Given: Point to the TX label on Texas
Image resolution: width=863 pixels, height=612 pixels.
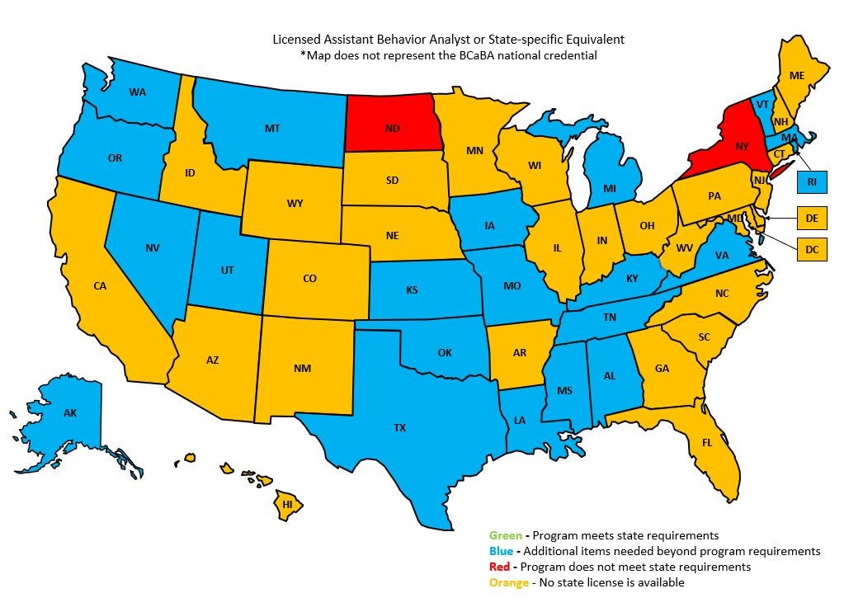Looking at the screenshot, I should pyautogui.click(x=399, y=427).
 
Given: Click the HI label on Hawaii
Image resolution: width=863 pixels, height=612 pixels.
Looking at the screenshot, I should pyautogui.click(x=288, y=503).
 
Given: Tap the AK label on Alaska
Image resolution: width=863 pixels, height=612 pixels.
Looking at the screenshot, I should pyautogui.click(x=70, y=412).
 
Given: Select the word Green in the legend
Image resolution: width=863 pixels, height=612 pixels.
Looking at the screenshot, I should pyautogui.click(x=505, y=535).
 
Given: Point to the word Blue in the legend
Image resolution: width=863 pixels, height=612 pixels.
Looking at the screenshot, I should pyautogui.click(x=502, y=551).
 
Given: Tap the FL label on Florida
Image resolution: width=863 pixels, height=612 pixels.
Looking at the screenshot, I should pyautogui.click(x=706, y=442).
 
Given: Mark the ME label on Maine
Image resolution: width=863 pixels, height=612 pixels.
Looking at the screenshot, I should pyautogui.click(x=796, y=75).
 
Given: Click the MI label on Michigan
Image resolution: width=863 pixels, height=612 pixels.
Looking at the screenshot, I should pyautogui.click(x=609, y=189).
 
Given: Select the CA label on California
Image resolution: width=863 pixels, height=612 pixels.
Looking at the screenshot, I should pyautogui.click(x=100, y=285).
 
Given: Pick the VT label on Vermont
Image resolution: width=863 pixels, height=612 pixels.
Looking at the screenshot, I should pyautogui.click(x=762, y=104).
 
